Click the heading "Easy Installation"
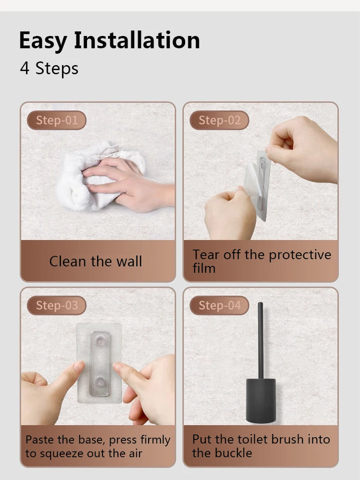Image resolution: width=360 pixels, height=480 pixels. coord(109,40)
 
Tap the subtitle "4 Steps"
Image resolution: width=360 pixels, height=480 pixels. coord(49,68)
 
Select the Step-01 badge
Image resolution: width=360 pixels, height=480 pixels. coord(56,120)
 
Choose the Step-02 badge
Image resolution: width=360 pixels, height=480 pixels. coord(219,120)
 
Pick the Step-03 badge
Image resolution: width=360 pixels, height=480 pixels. coord(56,306)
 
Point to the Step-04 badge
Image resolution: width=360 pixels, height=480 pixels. coord(219,306)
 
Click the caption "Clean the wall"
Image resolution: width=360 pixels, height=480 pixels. coord(95,261)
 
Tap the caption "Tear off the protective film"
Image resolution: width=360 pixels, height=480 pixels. coord(261,261)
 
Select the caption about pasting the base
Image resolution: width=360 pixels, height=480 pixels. coord(97,447)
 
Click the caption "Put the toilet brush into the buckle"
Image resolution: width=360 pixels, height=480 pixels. coord(261,446)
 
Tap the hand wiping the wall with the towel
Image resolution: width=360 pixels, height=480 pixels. coord(128,185)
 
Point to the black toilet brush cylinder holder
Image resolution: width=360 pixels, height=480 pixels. coord(261,401)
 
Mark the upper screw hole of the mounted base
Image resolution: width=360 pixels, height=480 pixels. coord(101,340)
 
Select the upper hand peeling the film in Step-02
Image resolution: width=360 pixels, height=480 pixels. coord(302,150)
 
